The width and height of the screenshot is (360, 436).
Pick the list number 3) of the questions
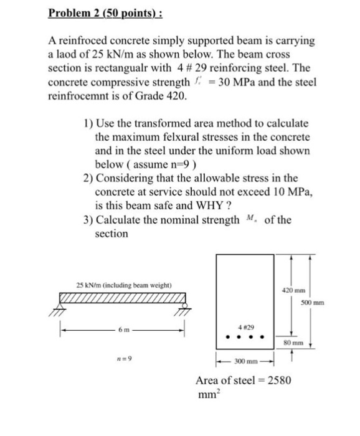click(88, 220)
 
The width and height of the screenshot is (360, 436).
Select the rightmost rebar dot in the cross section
click(262, 339)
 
